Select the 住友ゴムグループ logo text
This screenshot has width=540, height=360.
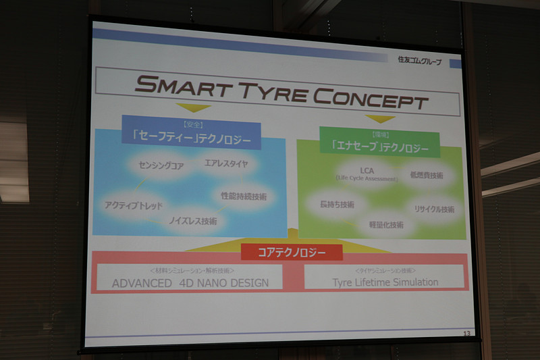coord(419,61)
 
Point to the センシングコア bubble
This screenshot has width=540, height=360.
coord(161,164)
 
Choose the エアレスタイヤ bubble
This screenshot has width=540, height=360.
coord(225,163)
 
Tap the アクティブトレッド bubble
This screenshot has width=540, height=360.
coord(134,205)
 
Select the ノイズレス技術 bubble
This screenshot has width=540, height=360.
coord(192,220)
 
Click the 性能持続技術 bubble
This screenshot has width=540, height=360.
coord(244,197)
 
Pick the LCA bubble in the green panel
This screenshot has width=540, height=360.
coord(367,172)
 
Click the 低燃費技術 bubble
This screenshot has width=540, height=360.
coord(426,175)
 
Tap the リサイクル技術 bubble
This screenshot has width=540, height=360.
coord(433,209)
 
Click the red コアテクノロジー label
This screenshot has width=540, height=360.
coord(292,253)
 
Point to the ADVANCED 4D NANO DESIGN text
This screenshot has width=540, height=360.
coord(190,283)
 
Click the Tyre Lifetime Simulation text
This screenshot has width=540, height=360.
coord(385,282)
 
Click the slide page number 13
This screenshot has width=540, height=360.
coord(466,334)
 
